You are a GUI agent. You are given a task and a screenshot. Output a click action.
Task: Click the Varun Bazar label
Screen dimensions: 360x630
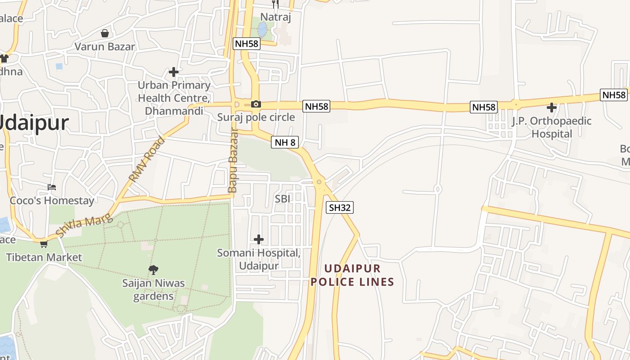[x=104, y=46]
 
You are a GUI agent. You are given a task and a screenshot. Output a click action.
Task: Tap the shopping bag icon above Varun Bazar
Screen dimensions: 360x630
[x=105, y=33]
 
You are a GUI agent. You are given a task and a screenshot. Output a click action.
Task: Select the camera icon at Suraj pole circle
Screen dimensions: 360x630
[x=256, y=104]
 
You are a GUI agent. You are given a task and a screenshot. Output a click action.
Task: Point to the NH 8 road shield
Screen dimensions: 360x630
[x=285, y=143]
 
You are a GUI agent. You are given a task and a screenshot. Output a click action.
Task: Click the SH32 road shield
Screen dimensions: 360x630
[x=339, y=207]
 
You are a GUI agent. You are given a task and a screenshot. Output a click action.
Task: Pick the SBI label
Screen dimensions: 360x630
[x=283, y=198]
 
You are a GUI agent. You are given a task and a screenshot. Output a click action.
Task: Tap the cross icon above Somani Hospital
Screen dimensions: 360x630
[x=259, y=239]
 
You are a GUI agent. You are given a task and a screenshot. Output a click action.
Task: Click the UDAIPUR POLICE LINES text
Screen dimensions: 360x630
[x=359, y=275]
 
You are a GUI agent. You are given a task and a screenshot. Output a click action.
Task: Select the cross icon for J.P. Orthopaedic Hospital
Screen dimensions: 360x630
[x=551, y=108]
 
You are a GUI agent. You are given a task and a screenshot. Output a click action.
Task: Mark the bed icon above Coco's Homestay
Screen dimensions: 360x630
[x=52, y=187]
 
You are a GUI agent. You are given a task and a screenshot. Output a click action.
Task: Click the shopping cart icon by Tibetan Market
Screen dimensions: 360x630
[x=44, y=244]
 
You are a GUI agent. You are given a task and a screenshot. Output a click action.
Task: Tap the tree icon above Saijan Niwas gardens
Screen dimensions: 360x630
[x=153, y=270]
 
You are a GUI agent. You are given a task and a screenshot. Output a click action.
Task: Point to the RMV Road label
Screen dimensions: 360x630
[x=147, y=159]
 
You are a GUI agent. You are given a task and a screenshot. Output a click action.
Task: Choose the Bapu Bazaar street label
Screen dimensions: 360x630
[x=233, y=161]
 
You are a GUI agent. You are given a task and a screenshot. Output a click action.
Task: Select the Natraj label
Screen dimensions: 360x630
[x=275, y=18]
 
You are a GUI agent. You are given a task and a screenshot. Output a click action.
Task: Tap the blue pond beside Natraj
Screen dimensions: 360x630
[x=262, y=30]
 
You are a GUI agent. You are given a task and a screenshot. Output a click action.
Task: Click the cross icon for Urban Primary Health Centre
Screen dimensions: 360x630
[x=174, y=72]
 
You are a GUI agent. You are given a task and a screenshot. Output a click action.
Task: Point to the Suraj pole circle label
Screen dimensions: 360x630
[x=256, y=117]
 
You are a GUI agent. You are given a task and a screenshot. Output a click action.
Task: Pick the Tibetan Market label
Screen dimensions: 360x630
[x=44, y=257]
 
